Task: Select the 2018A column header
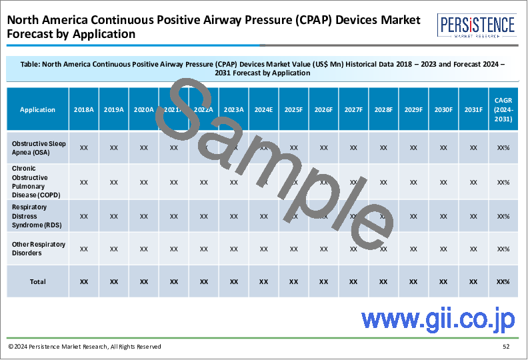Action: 84,109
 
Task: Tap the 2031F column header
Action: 473,109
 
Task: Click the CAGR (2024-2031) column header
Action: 503,109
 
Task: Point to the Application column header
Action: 37,109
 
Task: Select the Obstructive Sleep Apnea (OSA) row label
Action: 37,147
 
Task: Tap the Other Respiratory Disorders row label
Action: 39,249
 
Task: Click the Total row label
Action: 37,281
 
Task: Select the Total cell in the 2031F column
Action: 473,281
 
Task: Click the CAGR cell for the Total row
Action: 503,281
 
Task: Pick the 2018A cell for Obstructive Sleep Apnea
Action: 84,147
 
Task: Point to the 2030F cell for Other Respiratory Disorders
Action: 443,249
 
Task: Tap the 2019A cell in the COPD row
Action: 114,182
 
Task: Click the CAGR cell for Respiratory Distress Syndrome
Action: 503,216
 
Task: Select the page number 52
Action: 507,347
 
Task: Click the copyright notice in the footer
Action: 85,347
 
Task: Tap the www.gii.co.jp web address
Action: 438,319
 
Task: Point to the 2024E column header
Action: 263,109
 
